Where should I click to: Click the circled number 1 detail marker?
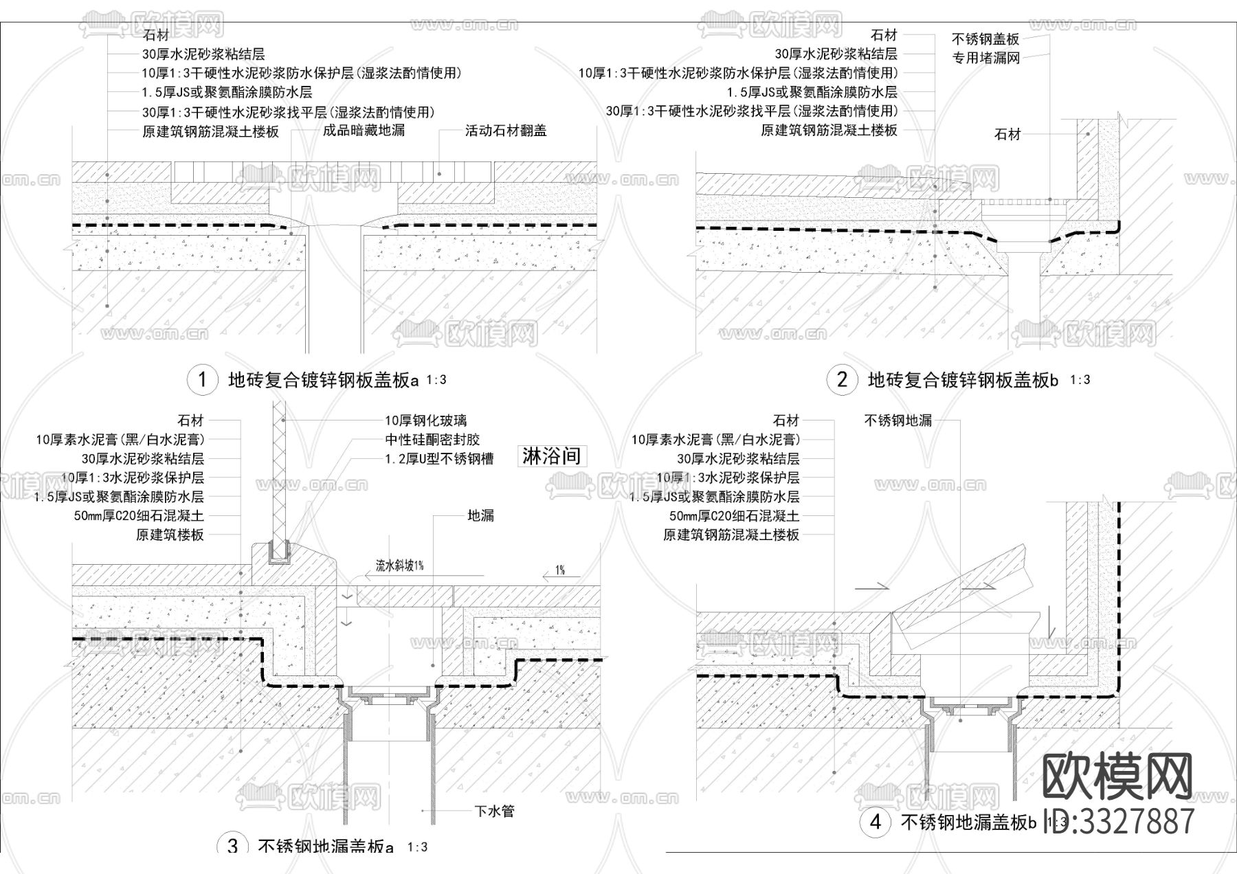coord(202,379)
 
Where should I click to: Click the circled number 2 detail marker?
coord(842,379)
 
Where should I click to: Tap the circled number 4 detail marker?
coord(875,822)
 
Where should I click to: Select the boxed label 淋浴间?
coord(552,456)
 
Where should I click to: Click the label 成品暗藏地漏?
coord(364,131)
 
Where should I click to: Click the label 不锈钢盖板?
coord(985,40)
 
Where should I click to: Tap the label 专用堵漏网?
coord(985,58)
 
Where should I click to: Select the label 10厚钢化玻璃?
coord(425,421)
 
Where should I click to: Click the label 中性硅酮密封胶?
coord(432,440)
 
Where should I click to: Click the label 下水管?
coord(493,811)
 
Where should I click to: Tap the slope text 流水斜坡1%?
coord(399,565)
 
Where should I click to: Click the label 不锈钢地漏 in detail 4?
coord(898,421)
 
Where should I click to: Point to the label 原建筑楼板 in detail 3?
coord(170,535)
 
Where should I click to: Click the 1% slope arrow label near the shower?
coord(560,570)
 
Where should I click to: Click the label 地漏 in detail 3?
coord(480,515)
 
